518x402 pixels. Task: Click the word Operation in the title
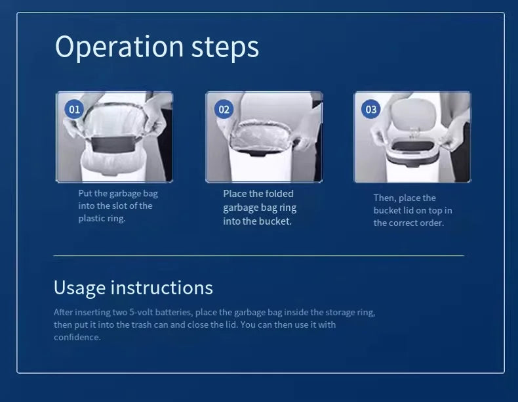[x=119, y=47]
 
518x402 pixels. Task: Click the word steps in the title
[x=225, y=47]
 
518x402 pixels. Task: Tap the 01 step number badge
[x=74, y=109]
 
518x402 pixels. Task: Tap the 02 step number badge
[x=224, y=109]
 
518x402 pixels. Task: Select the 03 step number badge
[x=370, y=109]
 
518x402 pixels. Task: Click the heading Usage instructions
[x=133, y=288]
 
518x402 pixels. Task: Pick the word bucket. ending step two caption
[x=275, y=221]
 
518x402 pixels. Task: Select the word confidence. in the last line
[x=77, y=337]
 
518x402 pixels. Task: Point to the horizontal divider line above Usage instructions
[x=258, y=256]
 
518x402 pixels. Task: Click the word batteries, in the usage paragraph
[x=174, y=312]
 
